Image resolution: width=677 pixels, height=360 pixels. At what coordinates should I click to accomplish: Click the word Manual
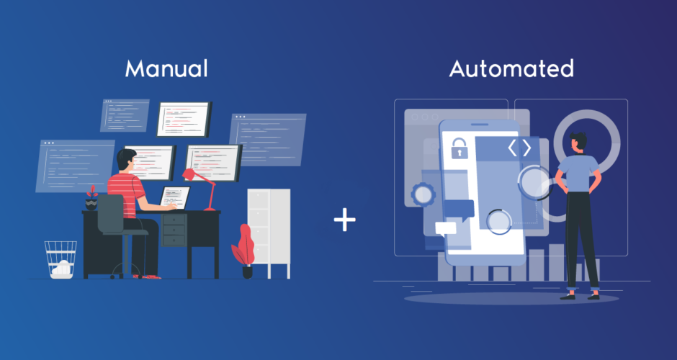(166, 68)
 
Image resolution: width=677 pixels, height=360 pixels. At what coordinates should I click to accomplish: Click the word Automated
(511, 68)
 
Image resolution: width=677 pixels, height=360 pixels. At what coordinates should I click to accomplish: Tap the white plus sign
(344, 220)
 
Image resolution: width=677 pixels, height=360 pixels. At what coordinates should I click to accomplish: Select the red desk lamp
(200, 186)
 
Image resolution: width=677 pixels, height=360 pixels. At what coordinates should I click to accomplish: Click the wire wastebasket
(60, 259)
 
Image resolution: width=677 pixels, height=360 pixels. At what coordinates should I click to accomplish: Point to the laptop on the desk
(175, 198)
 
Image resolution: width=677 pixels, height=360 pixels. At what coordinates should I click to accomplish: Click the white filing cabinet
(269, 233)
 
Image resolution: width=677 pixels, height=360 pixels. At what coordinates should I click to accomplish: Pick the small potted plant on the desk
(91, 198)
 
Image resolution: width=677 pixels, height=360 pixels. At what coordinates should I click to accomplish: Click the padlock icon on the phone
(459, 148)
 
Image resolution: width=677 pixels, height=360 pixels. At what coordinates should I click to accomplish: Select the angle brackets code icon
(519, 148)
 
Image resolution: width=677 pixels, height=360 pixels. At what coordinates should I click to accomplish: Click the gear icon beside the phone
(423, 194)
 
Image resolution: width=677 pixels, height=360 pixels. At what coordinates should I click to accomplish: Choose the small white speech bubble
(446, 229)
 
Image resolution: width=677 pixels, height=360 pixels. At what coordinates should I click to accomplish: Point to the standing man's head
(578, 143)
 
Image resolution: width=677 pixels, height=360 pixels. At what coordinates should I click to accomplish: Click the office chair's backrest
(110, 214)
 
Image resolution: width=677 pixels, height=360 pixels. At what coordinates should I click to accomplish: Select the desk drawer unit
(174, 230)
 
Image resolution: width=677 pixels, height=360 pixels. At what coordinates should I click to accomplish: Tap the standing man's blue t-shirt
(578, 174)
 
